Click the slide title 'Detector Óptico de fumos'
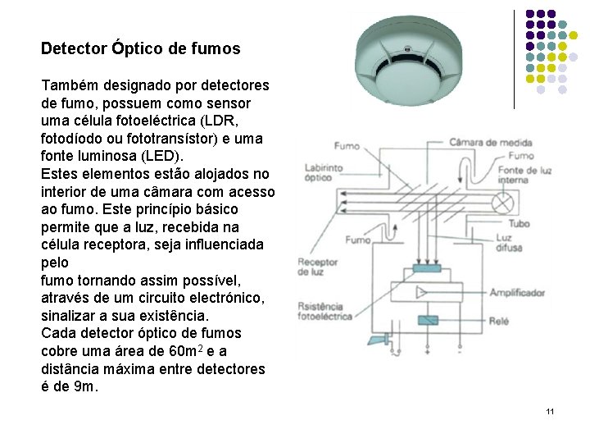(141, 48)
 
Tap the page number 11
(550, 410)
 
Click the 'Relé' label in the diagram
(499, 322)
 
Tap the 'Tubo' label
(518, 222)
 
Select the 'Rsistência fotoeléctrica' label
(326, 311)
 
